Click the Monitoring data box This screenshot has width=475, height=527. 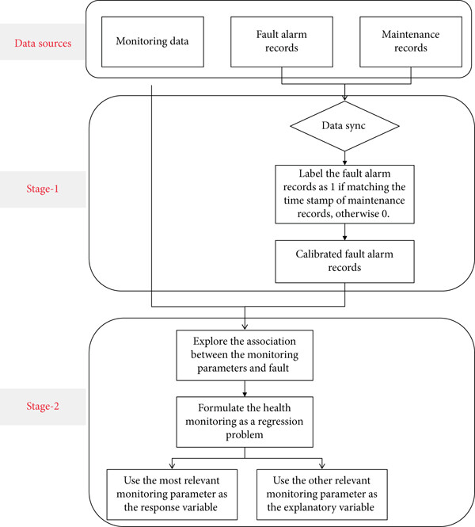[153, 42]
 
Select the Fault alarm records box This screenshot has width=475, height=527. [282, 42]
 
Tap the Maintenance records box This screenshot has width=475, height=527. [411, 42]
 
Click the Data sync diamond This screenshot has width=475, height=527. [344, 126]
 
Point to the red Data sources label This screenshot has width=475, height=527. [43, 44]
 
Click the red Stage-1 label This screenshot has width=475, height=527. [43, 189]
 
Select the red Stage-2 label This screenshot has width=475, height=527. [43, 406]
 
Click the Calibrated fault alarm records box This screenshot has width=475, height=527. [344, 262]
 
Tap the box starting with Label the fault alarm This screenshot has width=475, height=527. [344, 194]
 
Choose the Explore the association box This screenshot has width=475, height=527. [245, 355]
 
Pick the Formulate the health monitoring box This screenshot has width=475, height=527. [245, 422]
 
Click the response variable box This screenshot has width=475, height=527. [172, 495]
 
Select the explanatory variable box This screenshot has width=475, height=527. [322, 495]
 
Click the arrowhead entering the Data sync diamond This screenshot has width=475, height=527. [344, 97]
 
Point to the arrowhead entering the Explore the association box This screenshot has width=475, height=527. [245, 327]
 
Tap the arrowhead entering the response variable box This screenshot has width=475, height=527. [172, 466]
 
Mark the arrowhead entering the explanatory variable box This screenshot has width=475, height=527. [322, 466]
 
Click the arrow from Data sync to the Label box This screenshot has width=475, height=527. [344, 158]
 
